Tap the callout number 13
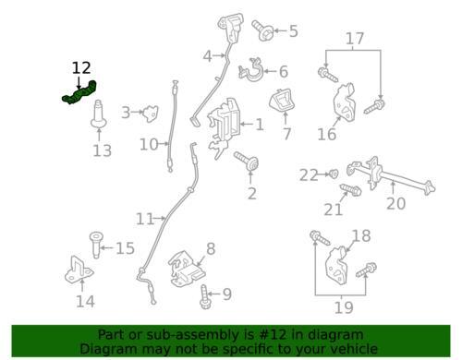click(x=102, y=150)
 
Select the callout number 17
click(x=356, y=39)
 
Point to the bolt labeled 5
click(x=266, y=34)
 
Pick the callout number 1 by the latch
click(x=260, y=124)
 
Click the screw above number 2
click(x=249, y=163)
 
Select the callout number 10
click(x=149, y=144)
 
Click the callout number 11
click(x=144, y=219)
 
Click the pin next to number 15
click(x=95, y=246)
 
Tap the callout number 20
click(x=395, y=204)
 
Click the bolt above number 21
click(x=350, y=190)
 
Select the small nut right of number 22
click(x=334, y=173)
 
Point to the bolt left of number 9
click(x=205, y=296)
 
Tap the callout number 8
click(x=211, y=248)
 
